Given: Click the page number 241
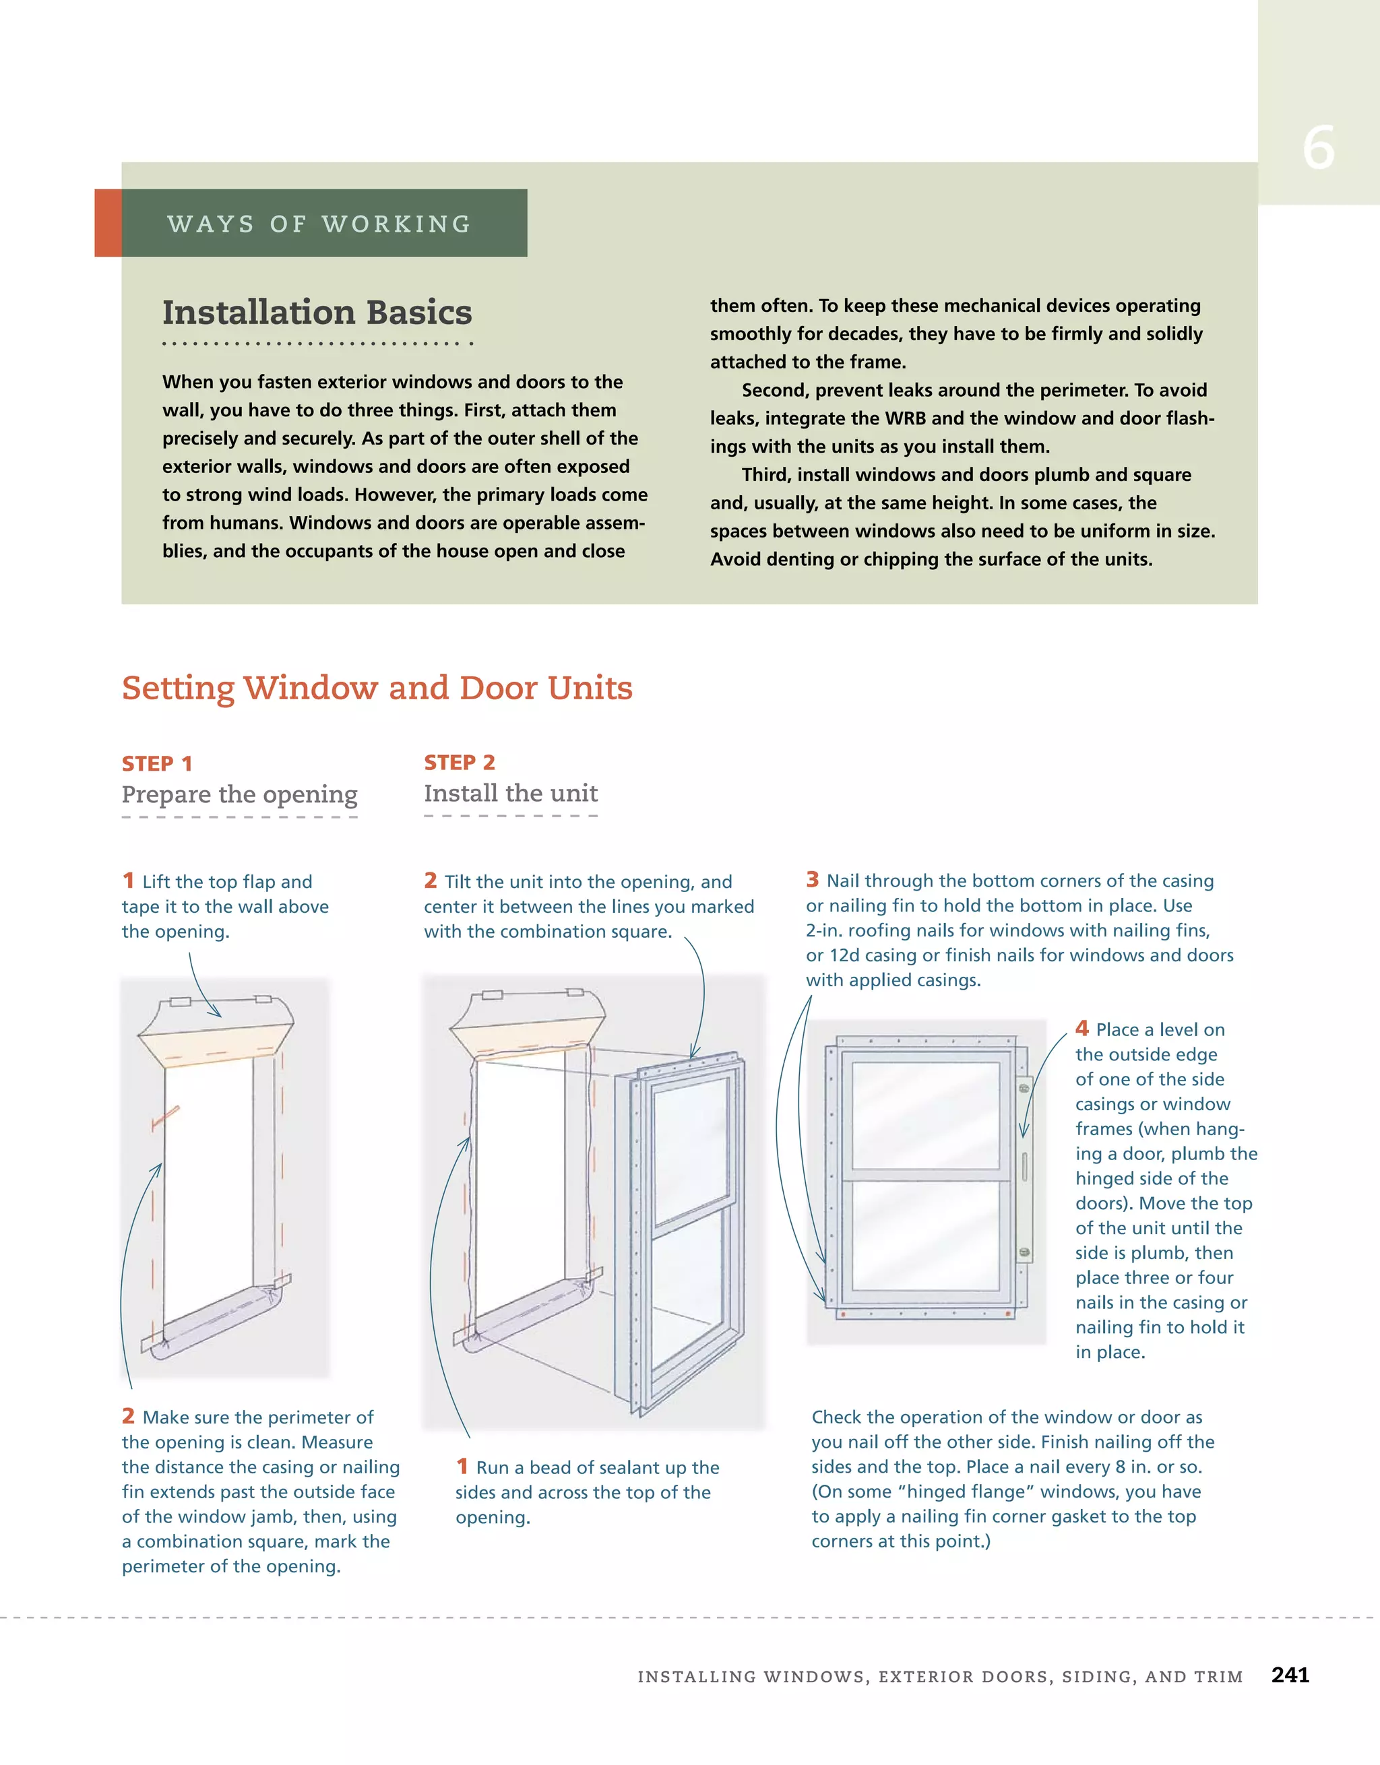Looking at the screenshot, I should click(1290, 1675).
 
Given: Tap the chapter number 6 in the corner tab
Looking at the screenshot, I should click(1318, 149).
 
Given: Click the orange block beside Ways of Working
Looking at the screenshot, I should click(108, 223).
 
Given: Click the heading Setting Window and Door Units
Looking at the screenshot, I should click(377, 688).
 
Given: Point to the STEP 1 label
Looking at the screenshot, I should click(157, 764).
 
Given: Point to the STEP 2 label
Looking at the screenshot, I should click(459, 763).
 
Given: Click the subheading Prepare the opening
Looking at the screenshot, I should click(239, 794).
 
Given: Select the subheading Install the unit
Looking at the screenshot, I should click(511, 794).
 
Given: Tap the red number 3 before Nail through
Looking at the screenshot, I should click(813, 879).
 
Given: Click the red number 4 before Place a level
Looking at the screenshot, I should click(1081, 1028).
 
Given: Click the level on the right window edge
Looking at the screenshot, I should click(1024, 1167).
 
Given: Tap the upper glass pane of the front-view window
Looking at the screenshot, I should click(926, 1114).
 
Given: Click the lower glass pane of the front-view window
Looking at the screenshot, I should click(926, 1235).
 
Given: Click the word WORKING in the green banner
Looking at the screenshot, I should click(396, 224).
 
